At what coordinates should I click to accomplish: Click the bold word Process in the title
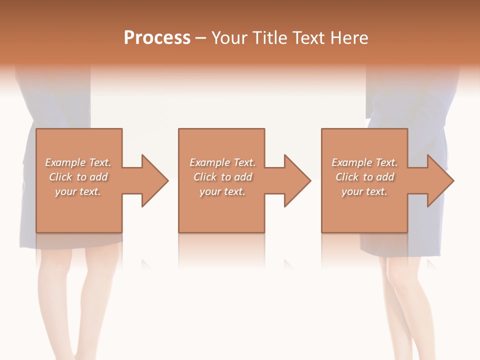157,38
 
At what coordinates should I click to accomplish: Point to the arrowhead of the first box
154,180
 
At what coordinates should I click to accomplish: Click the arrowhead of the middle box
297,180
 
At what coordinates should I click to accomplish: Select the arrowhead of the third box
440,180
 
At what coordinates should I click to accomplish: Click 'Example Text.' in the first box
78,162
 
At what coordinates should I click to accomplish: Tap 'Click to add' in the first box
78,177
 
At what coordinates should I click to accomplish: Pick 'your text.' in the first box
78,191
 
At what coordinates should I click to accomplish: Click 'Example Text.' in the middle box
222,162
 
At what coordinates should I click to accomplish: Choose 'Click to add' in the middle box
222,177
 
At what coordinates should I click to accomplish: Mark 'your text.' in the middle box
222,191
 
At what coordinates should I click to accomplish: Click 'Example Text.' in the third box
364,162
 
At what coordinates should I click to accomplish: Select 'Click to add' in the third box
364,177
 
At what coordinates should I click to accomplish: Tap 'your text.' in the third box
364,191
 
